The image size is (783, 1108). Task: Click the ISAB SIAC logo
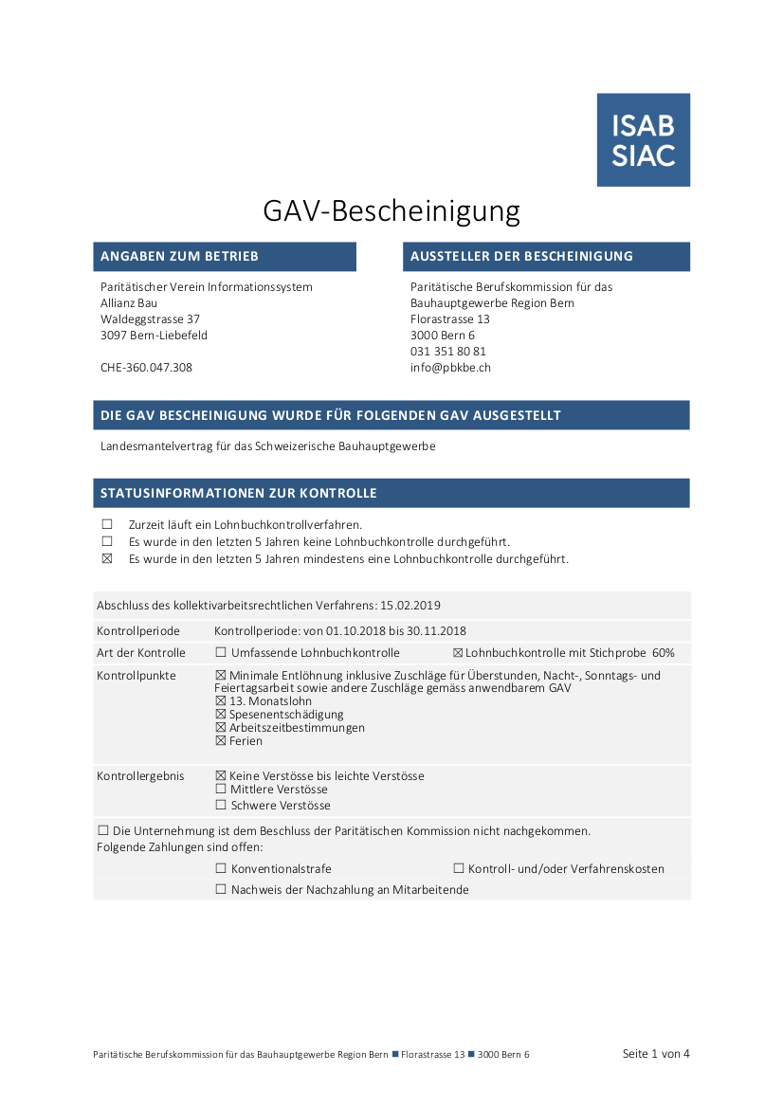[643, 139]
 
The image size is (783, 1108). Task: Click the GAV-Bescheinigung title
[391, 210]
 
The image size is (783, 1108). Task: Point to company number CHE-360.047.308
[146, 368]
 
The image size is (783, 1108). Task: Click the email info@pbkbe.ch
[450, 368]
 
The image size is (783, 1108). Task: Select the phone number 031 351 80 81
[447, 352]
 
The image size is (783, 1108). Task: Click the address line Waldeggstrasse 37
[150, 319]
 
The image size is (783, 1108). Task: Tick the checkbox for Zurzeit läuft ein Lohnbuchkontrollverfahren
[107, 524]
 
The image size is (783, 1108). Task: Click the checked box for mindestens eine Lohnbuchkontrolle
[107, 559]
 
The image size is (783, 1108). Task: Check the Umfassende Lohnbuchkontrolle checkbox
[221, 653]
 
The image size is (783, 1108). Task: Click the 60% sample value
[664, 653]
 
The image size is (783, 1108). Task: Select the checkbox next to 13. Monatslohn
[221, 701]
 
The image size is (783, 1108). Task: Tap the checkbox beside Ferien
[221, 741]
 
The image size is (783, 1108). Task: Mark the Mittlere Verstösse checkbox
[221, 790]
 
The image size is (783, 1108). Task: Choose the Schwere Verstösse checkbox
[221, 806]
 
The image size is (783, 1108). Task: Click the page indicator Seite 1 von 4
[656, 1053]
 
